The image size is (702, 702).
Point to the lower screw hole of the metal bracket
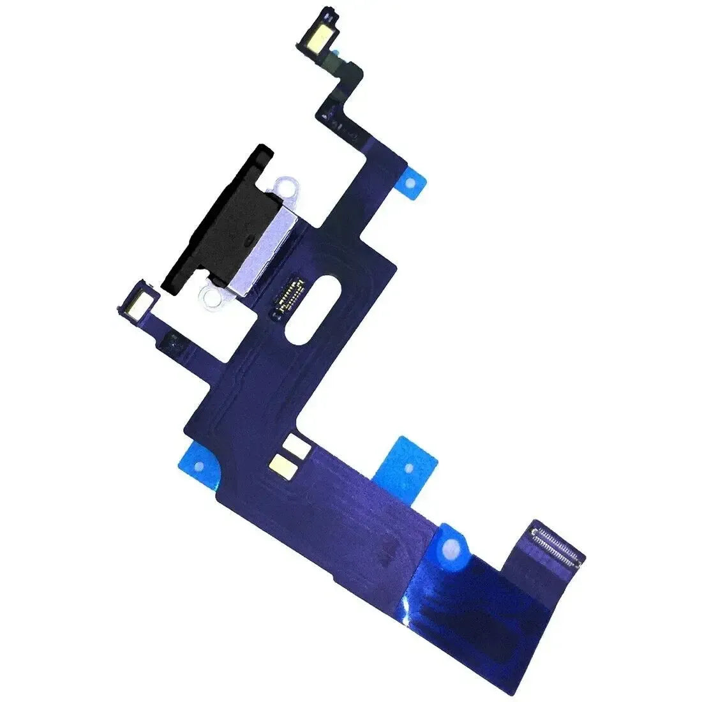209,294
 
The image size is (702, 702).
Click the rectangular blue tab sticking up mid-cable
407,463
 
